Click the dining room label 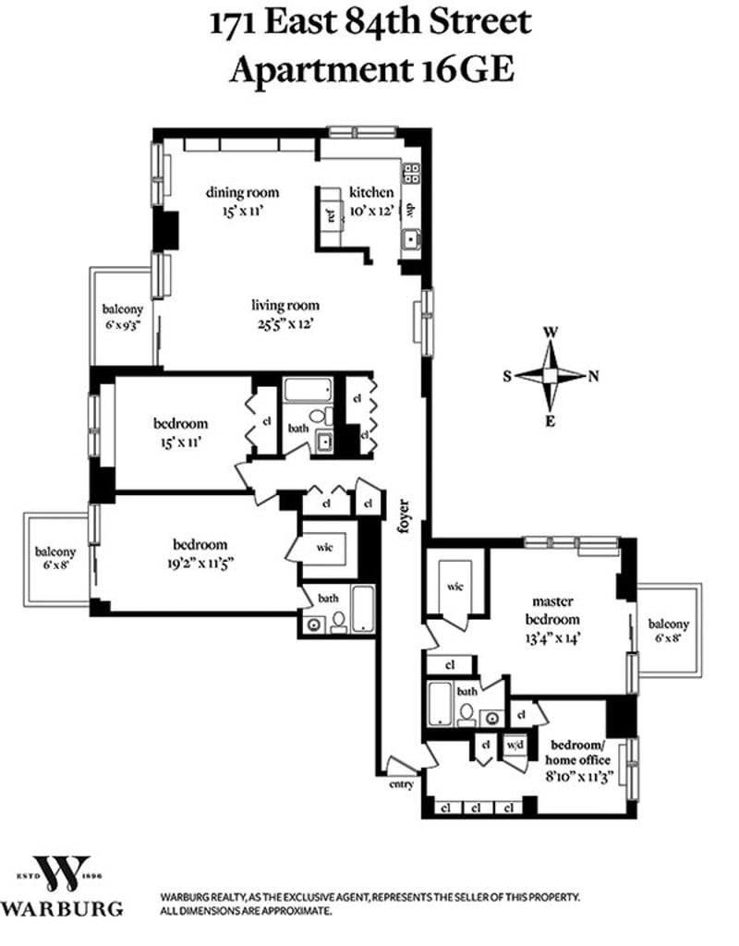pos(243,192)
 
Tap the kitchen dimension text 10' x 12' pos(372,211)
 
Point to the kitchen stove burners pos(411,173)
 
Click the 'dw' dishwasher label pos(411,210)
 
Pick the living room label pos(285,305)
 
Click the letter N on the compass pos(594,377)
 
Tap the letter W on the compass pos(551,333)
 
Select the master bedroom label pos(552,611)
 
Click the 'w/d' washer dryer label pos(515,745)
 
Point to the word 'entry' pos(401,784)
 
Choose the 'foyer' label pos(404,516)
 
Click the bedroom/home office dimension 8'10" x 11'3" pos(580,776)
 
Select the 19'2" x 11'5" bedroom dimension pos(200,564)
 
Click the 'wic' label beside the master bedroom pos(454,586)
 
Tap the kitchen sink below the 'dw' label pos(411,240)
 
